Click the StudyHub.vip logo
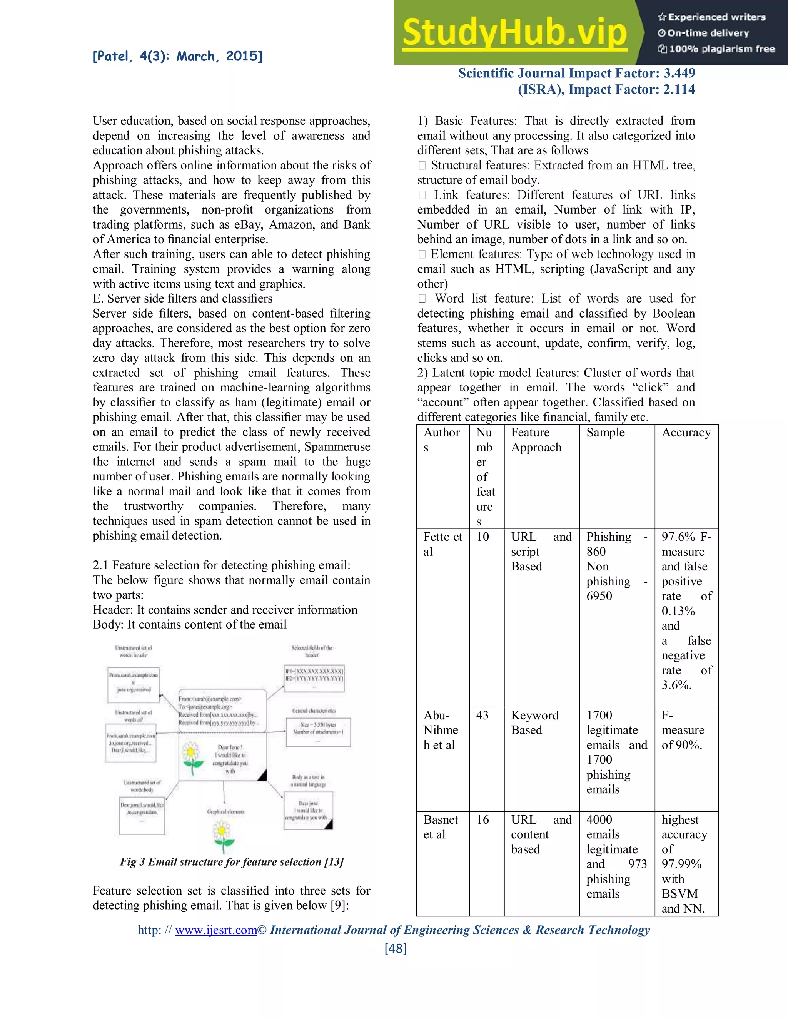(514, 33)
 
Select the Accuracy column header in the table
(686, 433)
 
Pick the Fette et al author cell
(442, 544)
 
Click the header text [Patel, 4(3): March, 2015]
(177, 57)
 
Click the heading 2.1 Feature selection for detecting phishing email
(221, 565)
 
